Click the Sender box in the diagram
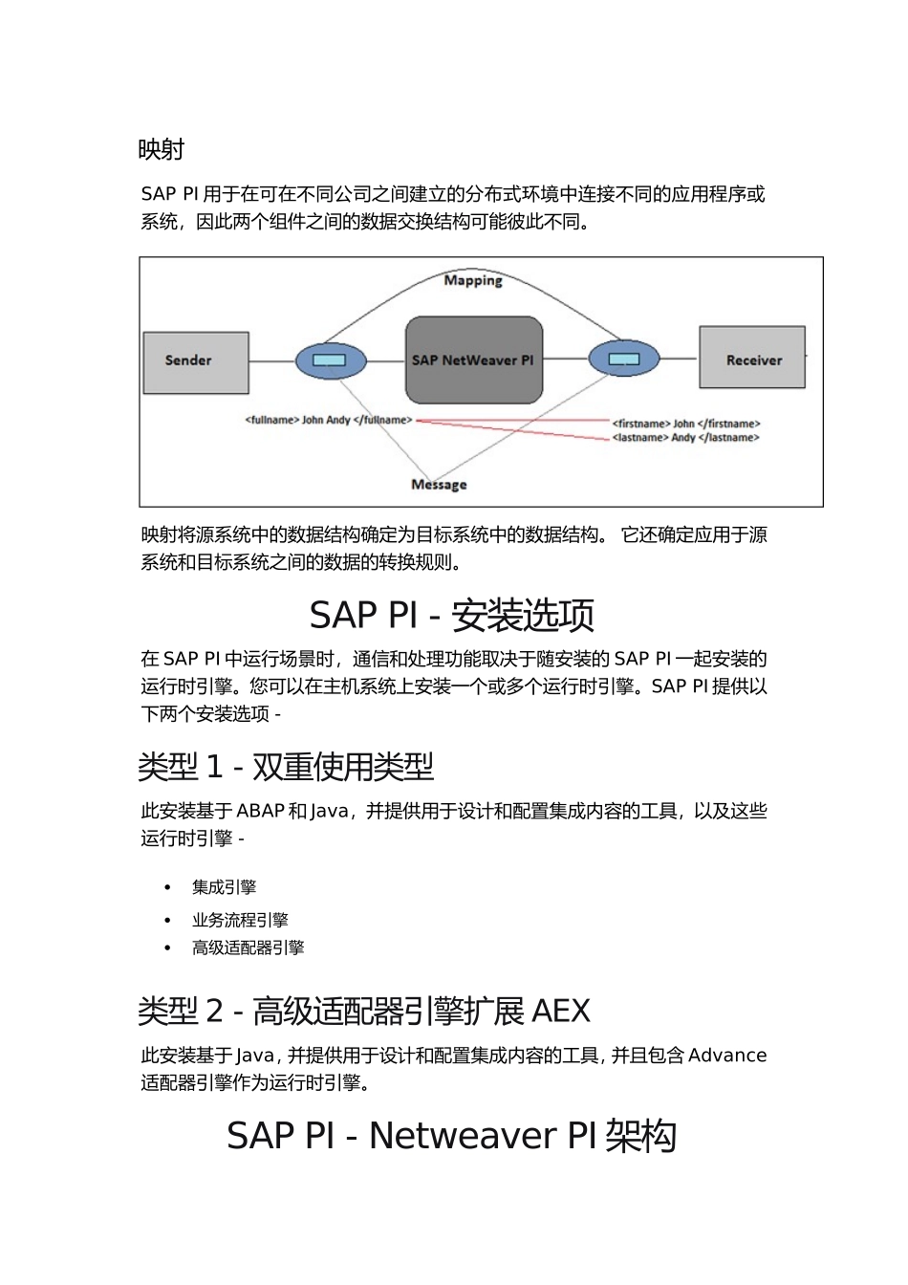196,361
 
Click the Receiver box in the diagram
752,359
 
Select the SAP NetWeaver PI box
474,360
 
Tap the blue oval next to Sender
331,360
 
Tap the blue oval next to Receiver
624,359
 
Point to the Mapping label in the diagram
473,280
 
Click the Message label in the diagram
439,485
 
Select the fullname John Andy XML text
329,420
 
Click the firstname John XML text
686,424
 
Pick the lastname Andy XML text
685,438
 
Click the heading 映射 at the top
161,150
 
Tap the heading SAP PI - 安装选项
452,615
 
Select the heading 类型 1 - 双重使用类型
286,767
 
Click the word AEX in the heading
560,1011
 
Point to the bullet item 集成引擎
224,887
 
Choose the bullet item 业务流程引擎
240,920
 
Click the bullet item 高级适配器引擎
248,947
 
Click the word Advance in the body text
727,1056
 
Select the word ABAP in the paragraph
260,811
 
